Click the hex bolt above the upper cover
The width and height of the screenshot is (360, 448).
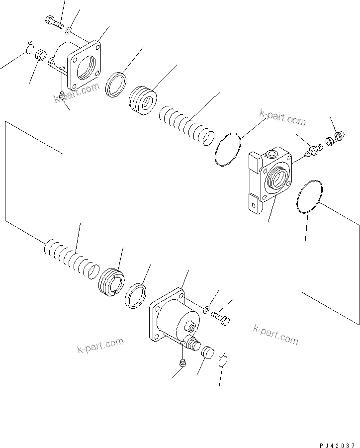pyautogui.click(x=54, y=22)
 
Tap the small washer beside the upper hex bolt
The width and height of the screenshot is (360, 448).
pyautogui.click(x=69, y=31)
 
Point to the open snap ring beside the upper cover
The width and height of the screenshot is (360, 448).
pyautogui.click(x=29, y=49)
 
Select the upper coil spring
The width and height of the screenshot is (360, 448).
pyautogui.click(x=187, y=127)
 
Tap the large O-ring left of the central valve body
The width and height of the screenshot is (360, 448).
pyautogui.click(x=228, y=149)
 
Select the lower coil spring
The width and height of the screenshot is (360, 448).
pyautogui.click(x=70, y=258)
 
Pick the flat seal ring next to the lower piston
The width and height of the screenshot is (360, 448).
pyautogui.click(x=135, y=297)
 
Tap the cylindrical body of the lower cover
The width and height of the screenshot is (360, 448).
pyautogui.click(x=181, y=321)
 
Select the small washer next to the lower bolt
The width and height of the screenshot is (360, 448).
pyautogui.click(x=206, y=311)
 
